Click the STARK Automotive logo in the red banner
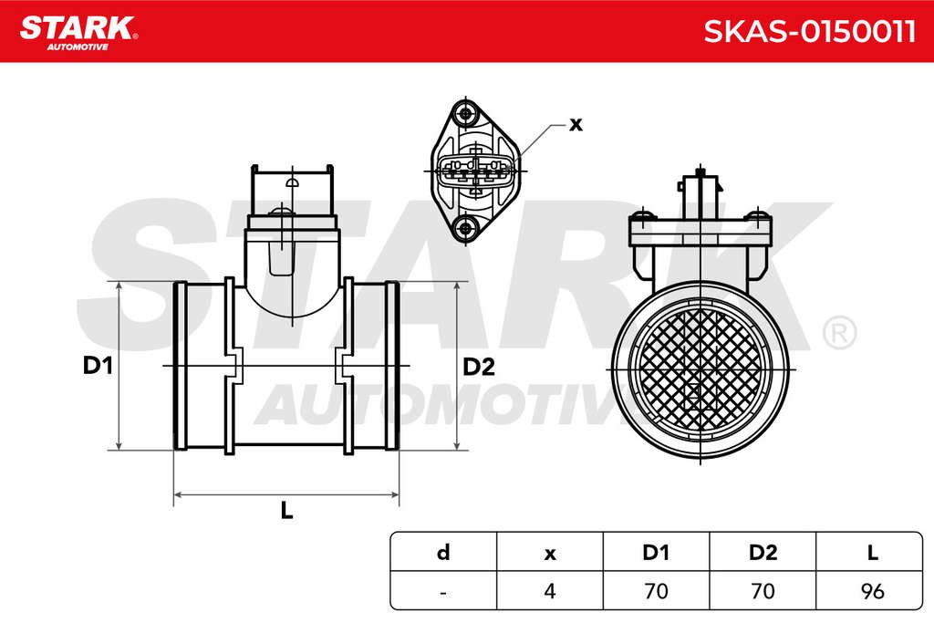point(78,32)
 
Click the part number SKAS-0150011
point(810,31)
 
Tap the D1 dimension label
point(98,365)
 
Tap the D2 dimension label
point(479,367)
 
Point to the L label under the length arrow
point(286,510)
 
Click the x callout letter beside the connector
point(576,124)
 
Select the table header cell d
point(443,552)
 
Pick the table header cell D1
point(656,552)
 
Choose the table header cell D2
point(763,552)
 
